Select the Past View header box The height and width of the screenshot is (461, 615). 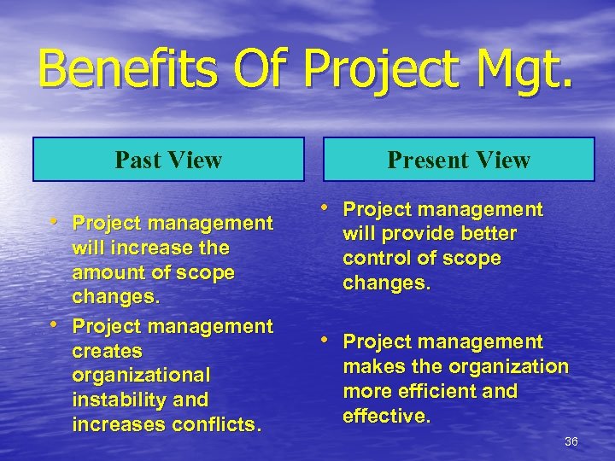coord(168,160)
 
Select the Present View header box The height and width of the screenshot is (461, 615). coord(459,160)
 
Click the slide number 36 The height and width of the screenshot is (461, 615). coord(571,441)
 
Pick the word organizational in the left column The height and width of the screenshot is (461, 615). coord(141,376)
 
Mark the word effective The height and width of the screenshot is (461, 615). coord(386,416)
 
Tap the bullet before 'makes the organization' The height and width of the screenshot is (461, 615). coord(330,341)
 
